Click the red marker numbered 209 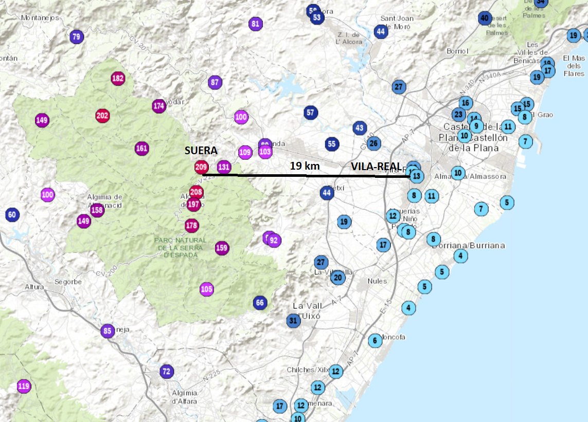pyautogui.click(x=201, y=167)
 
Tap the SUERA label pyautogui.click(x=201, y=151)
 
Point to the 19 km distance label pyautogui.click(x=305, y=166)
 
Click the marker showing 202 pyautogui.click(x=102, y=116)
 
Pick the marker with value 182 pyautogui.click(x=118, y=78)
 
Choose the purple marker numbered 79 pyautogui.click(x=76, y=36)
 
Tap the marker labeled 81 pyautogui.click(x=255, y=24)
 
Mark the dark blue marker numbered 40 pyautogui.click(x=484, y=19)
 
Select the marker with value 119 pyautogui.click(x=24, y=386)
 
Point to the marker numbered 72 pyautogui.click(x=166, y=371)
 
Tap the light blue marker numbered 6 pyautogui.click(x=375, y=340)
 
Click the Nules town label pyautogui.click(x=377, y=281)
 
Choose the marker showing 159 pyautogui.click(x=222, y=248)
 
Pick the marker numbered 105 pyautogui.click(x=206, y=289)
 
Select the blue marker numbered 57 pyautogui.click(x=310, y=113)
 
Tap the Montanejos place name pyautogui.click(x=40, y=17)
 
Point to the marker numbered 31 pyautogui.click(x=293, y=321)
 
